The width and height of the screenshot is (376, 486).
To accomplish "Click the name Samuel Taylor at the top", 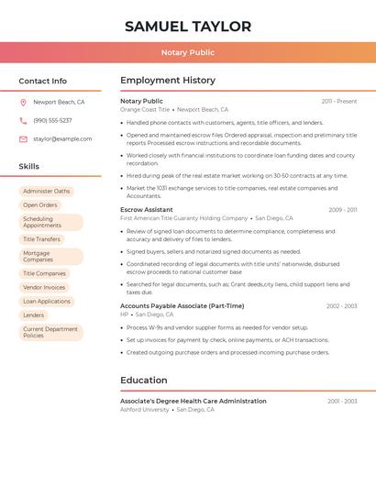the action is [188, 27].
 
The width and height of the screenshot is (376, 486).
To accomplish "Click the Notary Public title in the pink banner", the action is [188, 52].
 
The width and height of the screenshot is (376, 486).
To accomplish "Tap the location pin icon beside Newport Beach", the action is [23, 102].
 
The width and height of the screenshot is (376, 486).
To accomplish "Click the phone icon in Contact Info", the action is [23, 120].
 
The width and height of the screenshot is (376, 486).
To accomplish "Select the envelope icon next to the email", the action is [23, 138].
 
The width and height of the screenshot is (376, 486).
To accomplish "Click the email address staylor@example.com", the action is [62, 138].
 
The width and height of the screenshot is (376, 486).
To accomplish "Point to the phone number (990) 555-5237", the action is [52, 120].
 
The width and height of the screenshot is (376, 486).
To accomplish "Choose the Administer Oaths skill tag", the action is [46, 191].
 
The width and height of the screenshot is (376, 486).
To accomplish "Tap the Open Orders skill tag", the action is [40, 204].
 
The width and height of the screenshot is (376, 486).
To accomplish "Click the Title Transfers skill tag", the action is [41, 239].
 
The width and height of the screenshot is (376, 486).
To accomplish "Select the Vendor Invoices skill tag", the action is [44, 287].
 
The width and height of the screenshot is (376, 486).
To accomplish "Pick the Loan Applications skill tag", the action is [47, 301].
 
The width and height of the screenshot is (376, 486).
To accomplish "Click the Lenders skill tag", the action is [33, 315].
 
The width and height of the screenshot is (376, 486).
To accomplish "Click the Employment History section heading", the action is [167, 81].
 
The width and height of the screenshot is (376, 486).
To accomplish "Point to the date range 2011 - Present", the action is [339, 101].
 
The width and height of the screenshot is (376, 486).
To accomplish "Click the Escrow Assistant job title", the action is [146, 210].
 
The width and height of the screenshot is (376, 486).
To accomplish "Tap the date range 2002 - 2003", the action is [341, 306].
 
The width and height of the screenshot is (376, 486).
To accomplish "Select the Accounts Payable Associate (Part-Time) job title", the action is [182, 306].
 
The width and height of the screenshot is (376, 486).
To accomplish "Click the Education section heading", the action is [143, 380].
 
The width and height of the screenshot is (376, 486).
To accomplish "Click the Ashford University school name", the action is [145, 410].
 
